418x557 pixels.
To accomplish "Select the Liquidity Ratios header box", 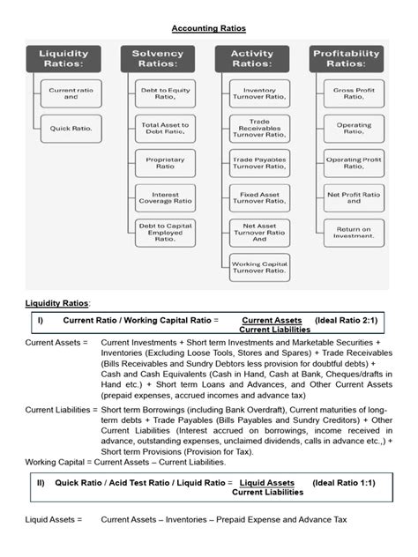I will click(x=63, y=59).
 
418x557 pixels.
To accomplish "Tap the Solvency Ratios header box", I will click(x=158, y=59).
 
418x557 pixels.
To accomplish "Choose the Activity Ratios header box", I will click(x=252, y=59).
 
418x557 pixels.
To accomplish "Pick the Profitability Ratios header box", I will click(x=347, y=59).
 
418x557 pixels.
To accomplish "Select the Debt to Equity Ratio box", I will click(x=165, y=93).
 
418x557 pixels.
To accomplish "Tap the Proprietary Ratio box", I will click(x=165, y=162).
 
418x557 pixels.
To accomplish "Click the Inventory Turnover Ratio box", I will click(x=259, y=93).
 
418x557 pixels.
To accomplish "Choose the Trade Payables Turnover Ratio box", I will click(x=259, y=162).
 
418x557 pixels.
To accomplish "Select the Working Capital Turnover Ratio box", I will click(x=259, y=267).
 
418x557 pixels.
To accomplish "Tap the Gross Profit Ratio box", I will click(x=354, y=93).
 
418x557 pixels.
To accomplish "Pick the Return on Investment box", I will click(x=354, y=233).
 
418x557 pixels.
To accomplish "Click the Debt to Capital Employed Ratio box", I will click(x=165, y=233).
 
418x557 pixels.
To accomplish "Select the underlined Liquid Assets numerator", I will click(x=267, y=483).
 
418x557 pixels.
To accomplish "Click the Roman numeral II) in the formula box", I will click(x=41, y=483).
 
